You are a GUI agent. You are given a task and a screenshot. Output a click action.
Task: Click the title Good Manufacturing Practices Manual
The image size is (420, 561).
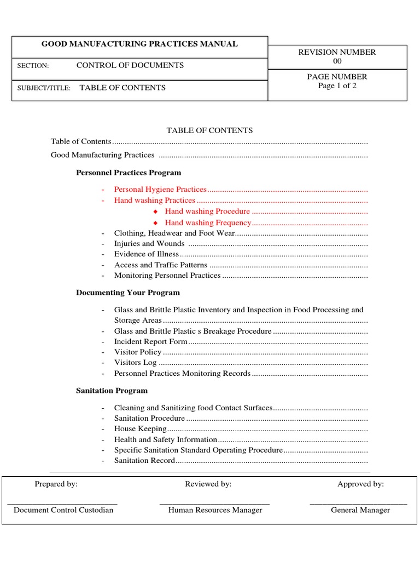coord(140,44)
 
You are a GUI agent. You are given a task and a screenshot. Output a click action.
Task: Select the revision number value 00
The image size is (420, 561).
coord(337,61)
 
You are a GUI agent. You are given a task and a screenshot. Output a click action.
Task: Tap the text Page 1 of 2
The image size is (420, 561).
coord(337,86)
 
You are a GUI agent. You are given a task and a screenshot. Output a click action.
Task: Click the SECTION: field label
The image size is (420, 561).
coord(33,66)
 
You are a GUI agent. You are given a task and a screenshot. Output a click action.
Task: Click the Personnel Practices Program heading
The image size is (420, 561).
coord(129,173)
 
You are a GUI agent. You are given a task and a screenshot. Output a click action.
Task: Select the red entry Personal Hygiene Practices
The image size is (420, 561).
coord(160,190)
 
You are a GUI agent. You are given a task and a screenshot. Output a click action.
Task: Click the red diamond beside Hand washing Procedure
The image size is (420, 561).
coord(155,211)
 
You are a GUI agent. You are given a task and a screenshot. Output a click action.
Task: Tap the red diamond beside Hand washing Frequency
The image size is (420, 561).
coord(155,223)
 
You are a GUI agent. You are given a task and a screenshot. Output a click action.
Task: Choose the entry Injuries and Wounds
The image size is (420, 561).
coord(149,244)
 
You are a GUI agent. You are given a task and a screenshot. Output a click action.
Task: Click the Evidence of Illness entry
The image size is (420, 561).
coord(147,254)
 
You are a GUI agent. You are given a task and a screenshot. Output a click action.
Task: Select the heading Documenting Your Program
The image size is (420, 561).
coord(128,293)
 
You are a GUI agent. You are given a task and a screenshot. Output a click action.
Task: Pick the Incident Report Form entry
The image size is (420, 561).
coord(151,342)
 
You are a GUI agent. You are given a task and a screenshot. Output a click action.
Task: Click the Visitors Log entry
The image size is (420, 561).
coord(136,363)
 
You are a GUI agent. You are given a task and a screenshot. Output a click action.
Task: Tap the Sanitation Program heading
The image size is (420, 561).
coord(112,391)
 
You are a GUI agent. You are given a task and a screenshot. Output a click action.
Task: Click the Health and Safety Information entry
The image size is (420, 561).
coord(166,439)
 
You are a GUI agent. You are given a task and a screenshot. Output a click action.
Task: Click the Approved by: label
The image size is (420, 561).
coord(360,484)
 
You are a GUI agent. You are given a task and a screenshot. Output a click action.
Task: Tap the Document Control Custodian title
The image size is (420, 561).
coord(63,510)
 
